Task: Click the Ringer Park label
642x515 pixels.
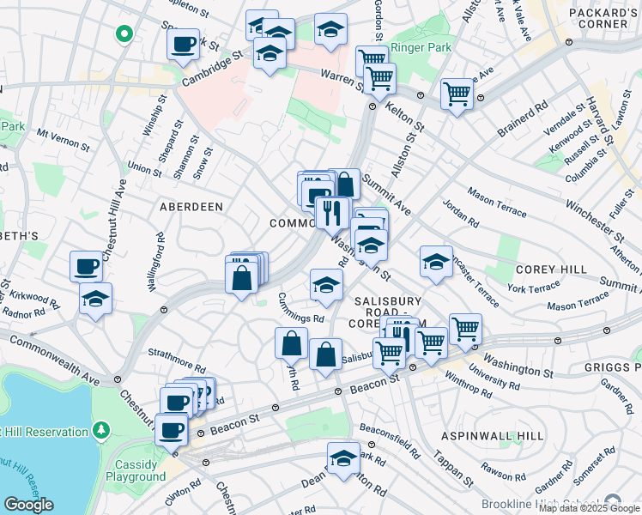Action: coord(421,48)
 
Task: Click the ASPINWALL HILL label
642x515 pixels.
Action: coord(493,436)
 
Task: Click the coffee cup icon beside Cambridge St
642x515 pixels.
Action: coord(182,45)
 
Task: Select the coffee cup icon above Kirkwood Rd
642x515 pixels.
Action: coord(86,266)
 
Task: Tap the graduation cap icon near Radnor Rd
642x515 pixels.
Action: coord(96,299)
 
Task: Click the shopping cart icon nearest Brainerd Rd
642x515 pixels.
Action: coord(457,93)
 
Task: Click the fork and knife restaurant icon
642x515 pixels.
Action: coord(330,212)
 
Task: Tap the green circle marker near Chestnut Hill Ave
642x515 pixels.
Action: coord(124,34)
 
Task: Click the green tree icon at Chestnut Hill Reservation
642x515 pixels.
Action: coord(101,428)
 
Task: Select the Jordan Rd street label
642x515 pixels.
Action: coord(461,214)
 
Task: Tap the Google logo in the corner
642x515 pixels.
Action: coord(28,505)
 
